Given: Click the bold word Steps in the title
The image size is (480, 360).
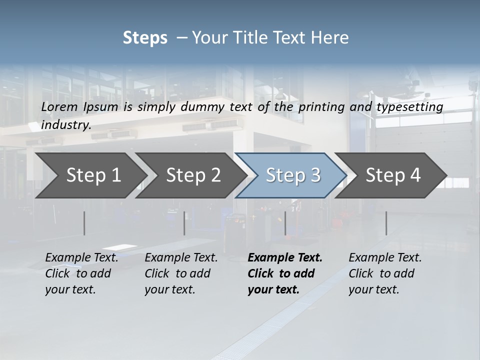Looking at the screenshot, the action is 145,38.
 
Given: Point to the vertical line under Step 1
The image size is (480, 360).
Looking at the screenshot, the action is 84,223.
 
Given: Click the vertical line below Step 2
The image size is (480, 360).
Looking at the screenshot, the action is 184,223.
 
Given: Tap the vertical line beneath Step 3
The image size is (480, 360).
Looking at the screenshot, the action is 285,223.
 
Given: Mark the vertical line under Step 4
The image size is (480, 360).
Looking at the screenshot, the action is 386,223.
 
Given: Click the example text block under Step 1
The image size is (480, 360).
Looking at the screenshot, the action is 81,273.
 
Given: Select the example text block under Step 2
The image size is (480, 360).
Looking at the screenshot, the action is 181,273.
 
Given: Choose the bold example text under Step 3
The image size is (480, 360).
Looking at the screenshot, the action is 285,273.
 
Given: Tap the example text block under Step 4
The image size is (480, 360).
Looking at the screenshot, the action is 385,273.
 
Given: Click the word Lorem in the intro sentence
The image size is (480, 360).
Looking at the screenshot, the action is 59,107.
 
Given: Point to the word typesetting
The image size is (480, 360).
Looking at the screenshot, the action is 409,107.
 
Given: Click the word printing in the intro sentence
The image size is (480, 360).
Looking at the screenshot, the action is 321,107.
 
